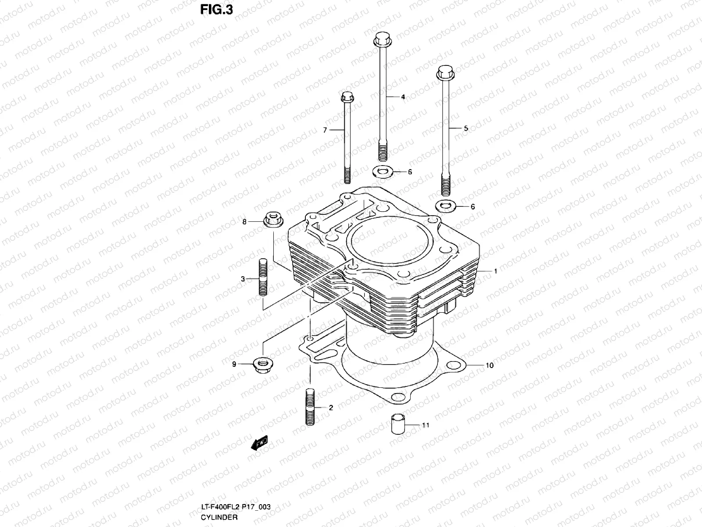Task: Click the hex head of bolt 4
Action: [x=382, y=40]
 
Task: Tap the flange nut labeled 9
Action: [x=261, y=364]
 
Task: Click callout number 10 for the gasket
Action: [x=490, y=365]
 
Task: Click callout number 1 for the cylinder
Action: [x=495, y=271]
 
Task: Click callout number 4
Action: [x=403, y=97]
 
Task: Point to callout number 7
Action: [x=325, y=130]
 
